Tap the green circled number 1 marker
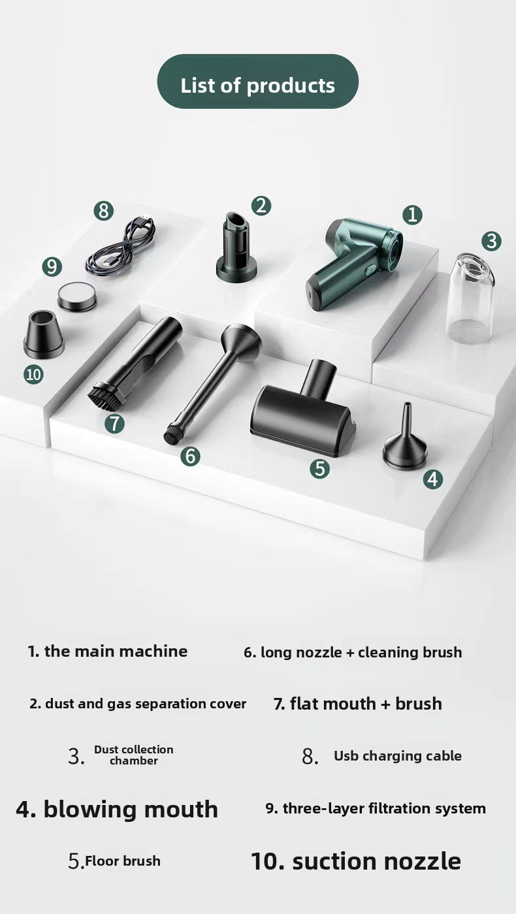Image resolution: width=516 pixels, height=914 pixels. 412,215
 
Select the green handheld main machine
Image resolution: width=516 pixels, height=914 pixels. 353,263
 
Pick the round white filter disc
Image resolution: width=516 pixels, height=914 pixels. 77,295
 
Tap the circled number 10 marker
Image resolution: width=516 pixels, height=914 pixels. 33,374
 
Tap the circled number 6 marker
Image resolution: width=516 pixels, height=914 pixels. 191,456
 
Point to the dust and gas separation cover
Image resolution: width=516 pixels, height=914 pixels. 236,247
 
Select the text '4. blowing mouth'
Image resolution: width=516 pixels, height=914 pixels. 117,810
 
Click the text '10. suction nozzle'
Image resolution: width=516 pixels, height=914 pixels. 356,861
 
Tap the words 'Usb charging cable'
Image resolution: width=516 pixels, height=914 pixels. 398,756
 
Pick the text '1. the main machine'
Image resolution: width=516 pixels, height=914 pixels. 108,652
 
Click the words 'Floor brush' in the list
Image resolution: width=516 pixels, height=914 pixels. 123,861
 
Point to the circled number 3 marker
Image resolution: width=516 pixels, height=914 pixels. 491,241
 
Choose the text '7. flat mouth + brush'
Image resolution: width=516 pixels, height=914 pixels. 358,704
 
